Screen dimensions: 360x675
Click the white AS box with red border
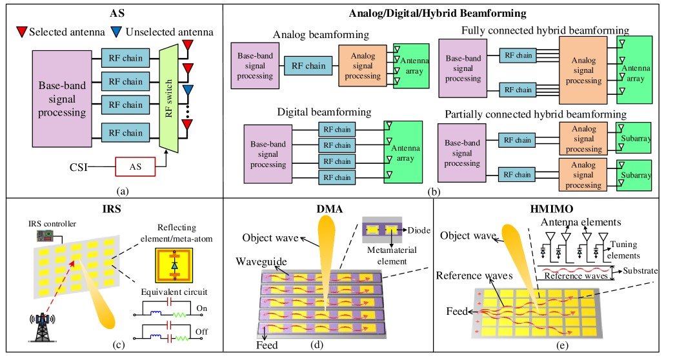(136, 167)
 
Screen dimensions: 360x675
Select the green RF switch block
(168, 99)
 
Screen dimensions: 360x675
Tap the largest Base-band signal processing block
(62, 99)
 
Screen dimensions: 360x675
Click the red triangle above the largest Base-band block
(22, 32)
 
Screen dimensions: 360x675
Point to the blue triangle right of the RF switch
(188, 90)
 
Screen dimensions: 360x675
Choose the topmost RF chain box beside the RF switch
(125, 58)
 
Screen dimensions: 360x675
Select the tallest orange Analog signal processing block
(583, 70)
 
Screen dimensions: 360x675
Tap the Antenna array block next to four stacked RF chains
(403, 152)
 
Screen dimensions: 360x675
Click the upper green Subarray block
(634, 138)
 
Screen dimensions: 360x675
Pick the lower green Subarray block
(634, 175)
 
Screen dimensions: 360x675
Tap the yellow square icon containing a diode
(174, 265)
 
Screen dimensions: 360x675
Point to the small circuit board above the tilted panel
(45, 235)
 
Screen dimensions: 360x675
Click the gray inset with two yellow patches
(382, 230)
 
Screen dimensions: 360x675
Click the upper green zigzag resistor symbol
(179, 315)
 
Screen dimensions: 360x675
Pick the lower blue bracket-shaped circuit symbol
(156, 337)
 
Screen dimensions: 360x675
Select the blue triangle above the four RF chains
(116, 32)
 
